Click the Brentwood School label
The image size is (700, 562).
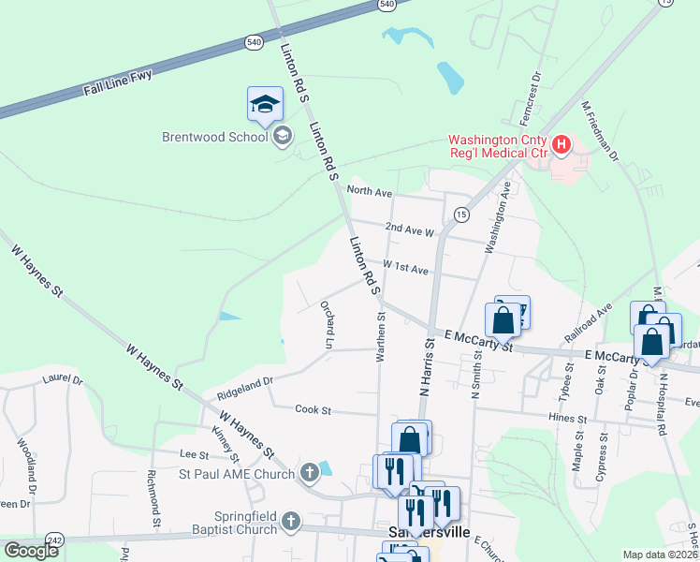[215, 137]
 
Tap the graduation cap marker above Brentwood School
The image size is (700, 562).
[265, 104]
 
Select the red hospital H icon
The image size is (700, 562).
[561, 144]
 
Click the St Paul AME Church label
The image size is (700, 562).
[239, 474]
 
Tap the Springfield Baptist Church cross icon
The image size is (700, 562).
[291, 521]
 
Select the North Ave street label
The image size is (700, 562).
[369, 190]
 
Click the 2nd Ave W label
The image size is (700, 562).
[410, 229]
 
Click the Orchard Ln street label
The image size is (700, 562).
[328, 325]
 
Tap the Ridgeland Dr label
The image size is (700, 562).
[244, 381]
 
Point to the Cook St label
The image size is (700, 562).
[314, 409]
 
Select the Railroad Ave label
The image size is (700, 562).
[588, 322]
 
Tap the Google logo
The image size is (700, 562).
[31, 551]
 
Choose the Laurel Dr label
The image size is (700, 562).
[63, 380]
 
